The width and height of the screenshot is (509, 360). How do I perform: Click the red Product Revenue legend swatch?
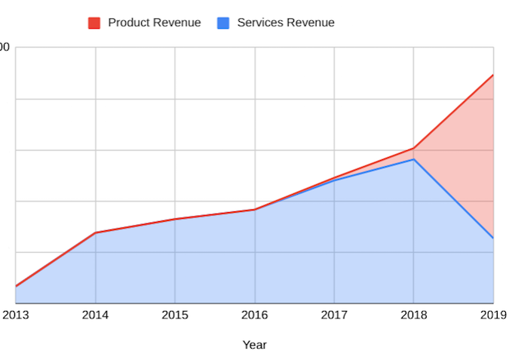coord(95,23)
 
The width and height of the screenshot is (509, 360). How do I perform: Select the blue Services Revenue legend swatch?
coord(223,23)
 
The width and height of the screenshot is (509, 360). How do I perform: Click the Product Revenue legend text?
coord(154,23)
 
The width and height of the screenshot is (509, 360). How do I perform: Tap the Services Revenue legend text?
coord(285,23)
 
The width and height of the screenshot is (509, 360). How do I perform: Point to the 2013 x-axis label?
coord(16,315)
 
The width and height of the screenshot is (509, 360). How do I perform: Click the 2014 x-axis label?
coord(95,315)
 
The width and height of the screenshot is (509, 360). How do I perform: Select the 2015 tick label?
coord(175,315)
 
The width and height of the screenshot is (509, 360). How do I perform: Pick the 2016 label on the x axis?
coord(255,315)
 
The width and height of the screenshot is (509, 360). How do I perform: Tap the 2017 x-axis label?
coord(334,315)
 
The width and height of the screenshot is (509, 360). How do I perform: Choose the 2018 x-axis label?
coord(413,315)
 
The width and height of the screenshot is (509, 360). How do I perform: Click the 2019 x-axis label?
coord(492,315)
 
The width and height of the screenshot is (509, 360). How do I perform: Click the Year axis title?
coord(254,345)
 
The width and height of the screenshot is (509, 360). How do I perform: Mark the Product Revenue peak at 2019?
coord(493,75)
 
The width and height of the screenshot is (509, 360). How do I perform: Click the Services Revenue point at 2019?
coord(493,238)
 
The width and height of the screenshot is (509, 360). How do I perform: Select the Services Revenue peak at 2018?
coord(413,159)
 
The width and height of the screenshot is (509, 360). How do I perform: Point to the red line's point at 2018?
coord(413,148)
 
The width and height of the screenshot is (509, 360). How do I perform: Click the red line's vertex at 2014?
coord(95,232)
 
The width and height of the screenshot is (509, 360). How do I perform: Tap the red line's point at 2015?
coord(175,219)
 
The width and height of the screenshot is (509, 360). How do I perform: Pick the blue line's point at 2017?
coord(334,180)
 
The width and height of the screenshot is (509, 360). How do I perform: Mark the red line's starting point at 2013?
coord(16,286)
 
